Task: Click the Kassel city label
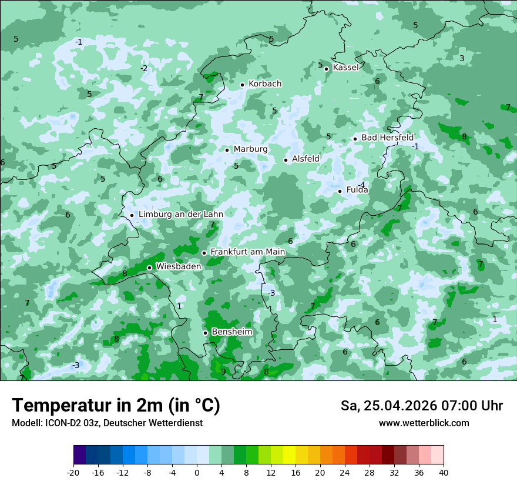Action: tap(345, 68)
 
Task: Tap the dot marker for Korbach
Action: tap(242, 85)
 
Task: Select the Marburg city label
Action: tap(250, 149)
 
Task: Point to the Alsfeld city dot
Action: tap(286, 160)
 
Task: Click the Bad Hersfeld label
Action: tap(387, 138)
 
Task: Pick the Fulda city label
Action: tap(357, 190)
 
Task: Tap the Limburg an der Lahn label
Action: tap(180, 215)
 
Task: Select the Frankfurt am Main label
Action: tap(247, 252)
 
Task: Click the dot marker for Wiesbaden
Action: tap(149, 268)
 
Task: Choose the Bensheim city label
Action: tap(231, 332)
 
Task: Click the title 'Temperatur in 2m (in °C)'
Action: tap(116, 406)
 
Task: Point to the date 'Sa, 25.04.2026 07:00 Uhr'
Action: tap(421, 406)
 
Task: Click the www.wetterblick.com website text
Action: tap(424, 423)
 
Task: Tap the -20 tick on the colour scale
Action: tap(73, 472)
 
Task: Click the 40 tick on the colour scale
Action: tap(443, 472)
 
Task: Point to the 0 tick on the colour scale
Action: tap(197, 472)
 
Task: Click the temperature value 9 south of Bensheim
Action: tap(223, 372)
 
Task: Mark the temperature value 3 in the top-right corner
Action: tap(462, 58)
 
